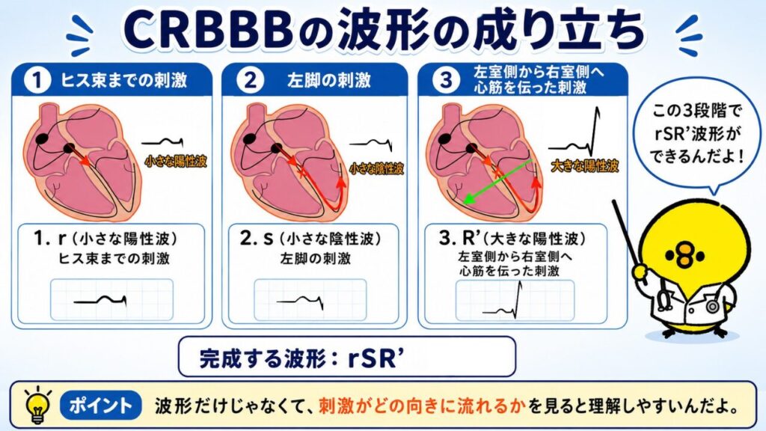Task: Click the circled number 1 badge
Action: [x=37, y=80]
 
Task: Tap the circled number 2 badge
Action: [x=250, y=80]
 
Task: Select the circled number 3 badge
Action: [x=446, y=80]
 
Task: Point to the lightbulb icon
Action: [x=38, y=405]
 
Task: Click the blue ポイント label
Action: [x=100, y=405]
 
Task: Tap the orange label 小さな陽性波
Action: [x=176, y=162]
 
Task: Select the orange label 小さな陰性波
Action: [x=377, y=169]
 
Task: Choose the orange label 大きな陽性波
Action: [x=585, y=166]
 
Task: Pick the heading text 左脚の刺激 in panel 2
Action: [x=329, y=81]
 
